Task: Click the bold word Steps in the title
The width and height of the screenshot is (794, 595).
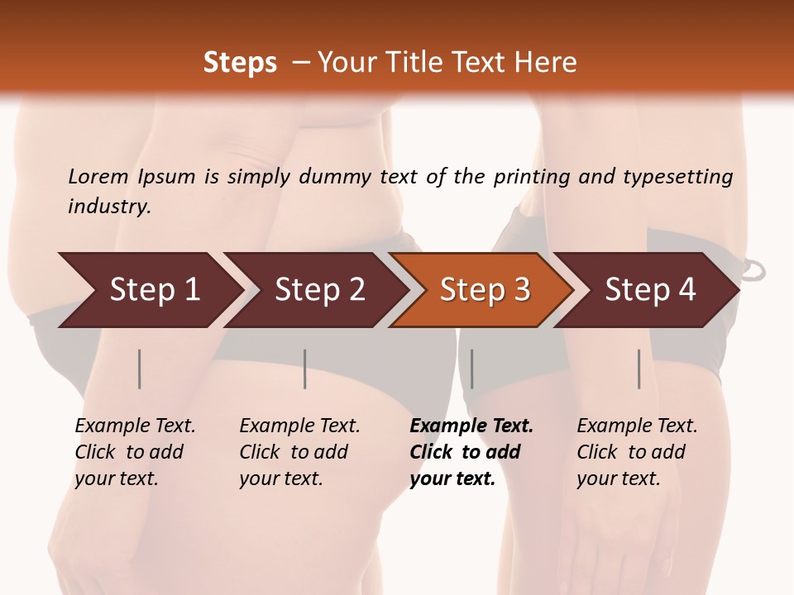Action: (x=240, y=63)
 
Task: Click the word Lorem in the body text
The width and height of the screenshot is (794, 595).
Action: (x=98, y=177)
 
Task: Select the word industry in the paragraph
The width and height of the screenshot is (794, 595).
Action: (x=108, y=207)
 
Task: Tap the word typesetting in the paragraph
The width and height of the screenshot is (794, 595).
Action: (x=677, y=177)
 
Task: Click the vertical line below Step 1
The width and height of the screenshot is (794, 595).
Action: (x=140, y=369)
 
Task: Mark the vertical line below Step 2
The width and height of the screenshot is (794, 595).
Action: (x=305, y=369)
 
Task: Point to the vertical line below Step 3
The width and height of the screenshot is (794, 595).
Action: (x=471, y=369)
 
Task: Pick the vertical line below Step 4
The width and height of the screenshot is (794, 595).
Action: (x=639, y=369)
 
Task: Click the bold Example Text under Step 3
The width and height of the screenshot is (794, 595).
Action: (x=471, y=426)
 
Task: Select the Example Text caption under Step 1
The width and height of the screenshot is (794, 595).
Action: (x=135, y=426)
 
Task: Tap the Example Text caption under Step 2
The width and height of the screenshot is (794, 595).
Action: (x=299, y=426)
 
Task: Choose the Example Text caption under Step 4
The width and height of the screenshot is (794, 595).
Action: (x=637, y=426)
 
